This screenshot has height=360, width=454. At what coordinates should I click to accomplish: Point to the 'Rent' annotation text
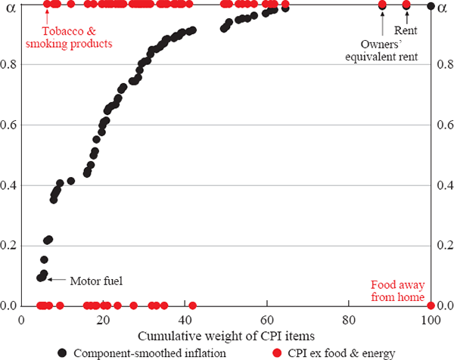pyautogui.click(x=407, y=32)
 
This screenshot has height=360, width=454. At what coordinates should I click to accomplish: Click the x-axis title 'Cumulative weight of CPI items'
pyautogui.click(x=226, y=334)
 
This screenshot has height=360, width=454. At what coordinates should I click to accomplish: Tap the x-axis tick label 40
pyautogui.click(x=185, y=320)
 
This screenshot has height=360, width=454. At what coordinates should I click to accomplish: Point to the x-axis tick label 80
pyautogui.click(x=349, y=320)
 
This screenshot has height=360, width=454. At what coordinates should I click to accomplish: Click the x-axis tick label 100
pyautogui.click(x=430, y=320)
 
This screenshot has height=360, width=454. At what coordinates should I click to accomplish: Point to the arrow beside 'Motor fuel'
pyautogui.click(x=58, y=280)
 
